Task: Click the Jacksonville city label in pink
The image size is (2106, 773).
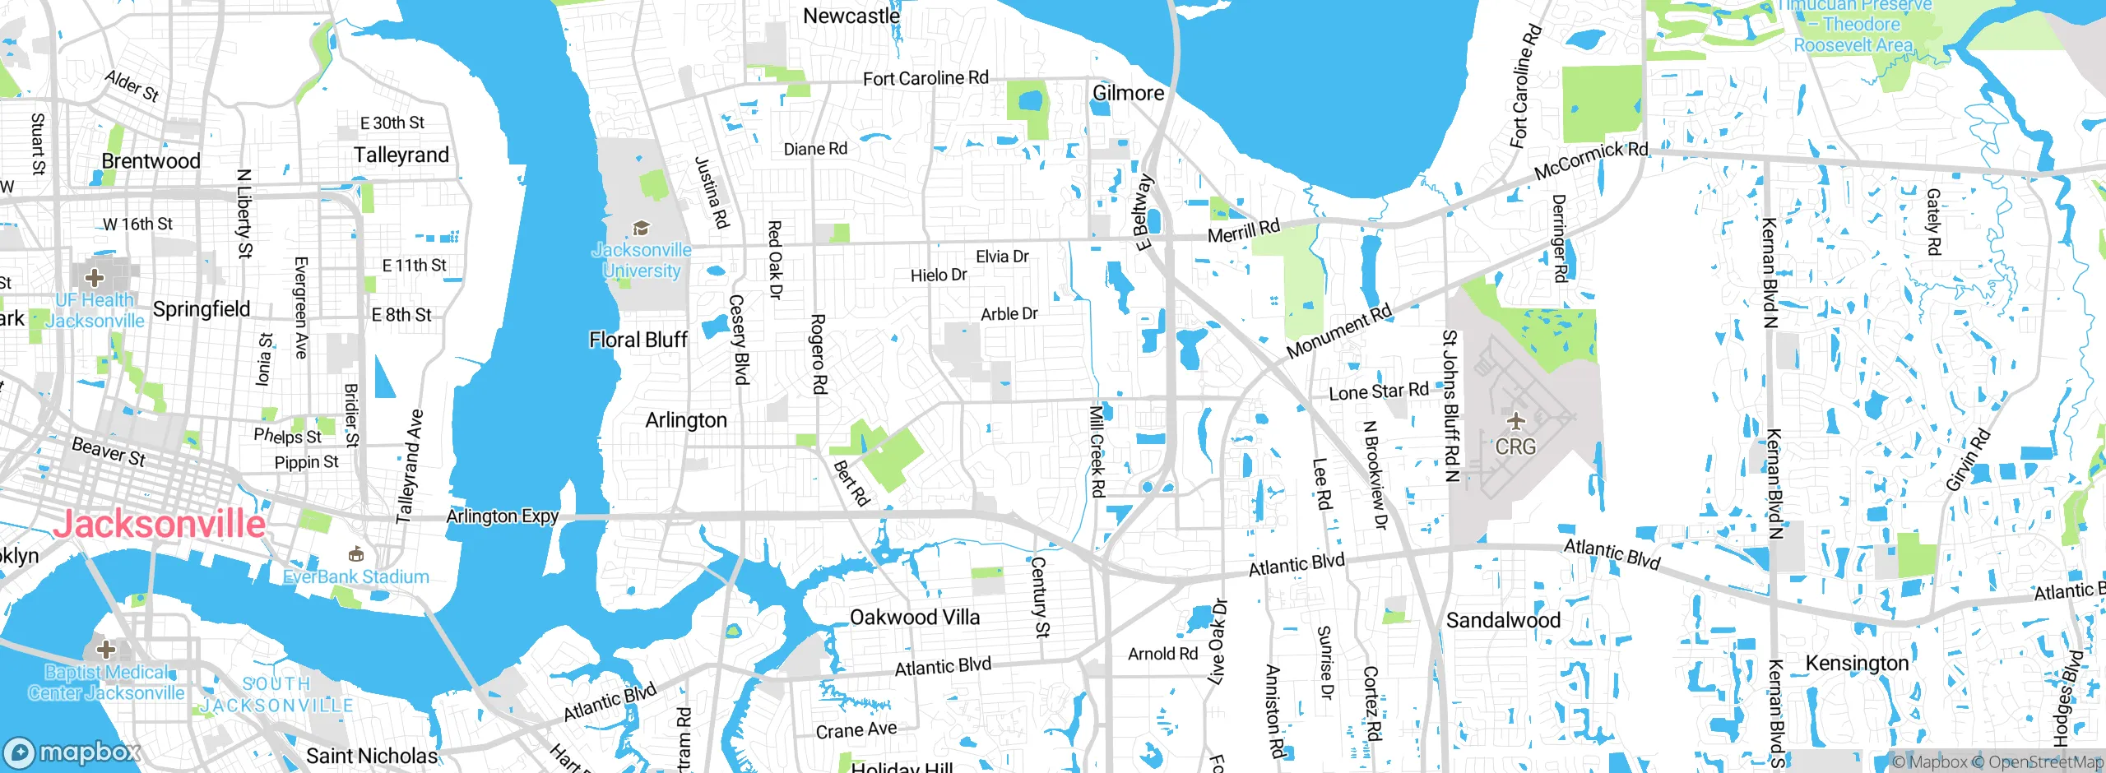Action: (x=160, y=524)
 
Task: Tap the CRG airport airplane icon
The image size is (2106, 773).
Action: (x=1515, y=422)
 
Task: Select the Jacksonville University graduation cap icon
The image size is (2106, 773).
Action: (x=641, y=228)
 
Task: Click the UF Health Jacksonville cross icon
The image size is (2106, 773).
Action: (x=95, y=277)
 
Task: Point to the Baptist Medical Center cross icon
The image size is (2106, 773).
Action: (x=105, y=650)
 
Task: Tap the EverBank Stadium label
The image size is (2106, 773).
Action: (x=356, y=576)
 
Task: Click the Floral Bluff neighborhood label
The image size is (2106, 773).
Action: (x=638, y=340)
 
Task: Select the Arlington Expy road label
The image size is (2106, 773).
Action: (x=502, y=516)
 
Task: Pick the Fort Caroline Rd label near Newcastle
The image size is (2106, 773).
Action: (x=925, y=78)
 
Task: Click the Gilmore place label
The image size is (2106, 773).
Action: (x=1128, y=93)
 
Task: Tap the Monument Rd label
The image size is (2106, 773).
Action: (x=1338, y=331)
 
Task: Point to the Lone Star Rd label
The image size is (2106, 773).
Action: (x=1379, y=391)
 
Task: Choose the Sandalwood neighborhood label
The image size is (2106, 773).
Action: (x=1503, y=620)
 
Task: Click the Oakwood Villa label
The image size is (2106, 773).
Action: (x=914, y=617)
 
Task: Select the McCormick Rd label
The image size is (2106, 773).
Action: (x=1591, y=160)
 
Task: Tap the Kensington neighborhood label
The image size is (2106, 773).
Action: (x=1856, y=663)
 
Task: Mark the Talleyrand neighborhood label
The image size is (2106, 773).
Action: (x=401, y=155)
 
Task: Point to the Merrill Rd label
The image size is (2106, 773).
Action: (x=1243, y=230)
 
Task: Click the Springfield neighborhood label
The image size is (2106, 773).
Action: (x=202, y=309)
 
